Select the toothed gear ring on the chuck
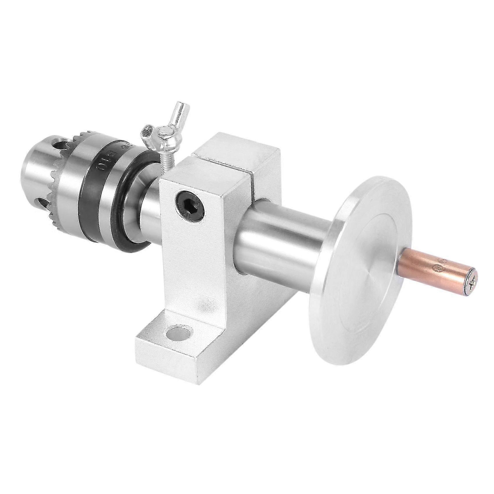(x=61, y=169)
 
